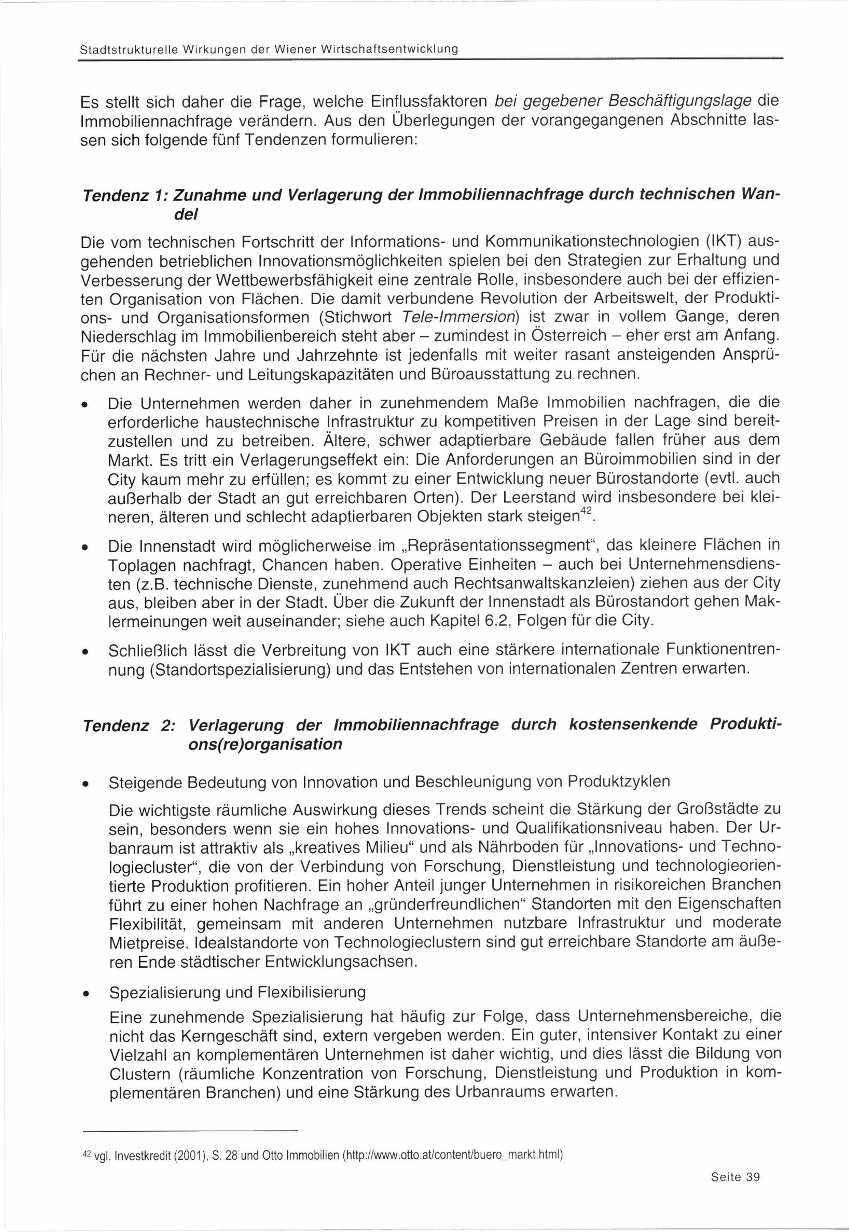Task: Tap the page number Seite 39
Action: pyautogui.click(x=735, y=1177)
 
